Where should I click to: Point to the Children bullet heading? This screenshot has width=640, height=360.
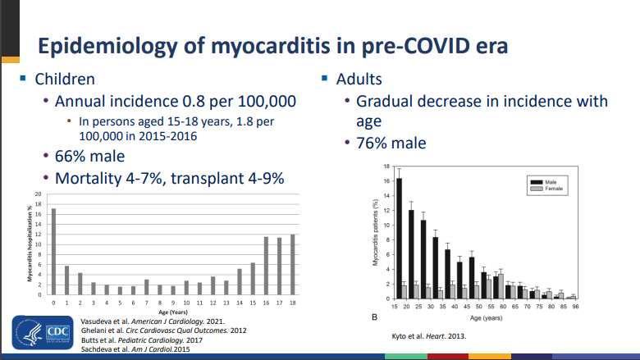pyautogui.click(x=64, y=80)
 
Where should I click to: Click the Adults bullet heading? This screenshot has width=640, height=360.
pyautogui.click(x=359, y=80)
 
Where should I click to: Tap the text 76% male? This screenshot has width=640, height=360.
pyautogui.click(x=391, y=143)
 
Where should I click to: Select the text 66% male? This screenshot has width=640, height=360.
pyautogui.click(x=89, y=156)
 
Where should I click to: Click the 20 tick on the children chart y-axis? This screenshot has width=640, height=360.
pyautogui.click(x=38, y=194)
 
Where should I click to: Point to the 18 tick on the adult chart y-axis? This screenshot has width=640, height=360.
pyautogui.click(x=386, y=166)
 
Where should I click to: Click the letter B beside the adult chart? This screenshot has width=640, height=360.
pyautogui.click(x=375, y=316)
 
